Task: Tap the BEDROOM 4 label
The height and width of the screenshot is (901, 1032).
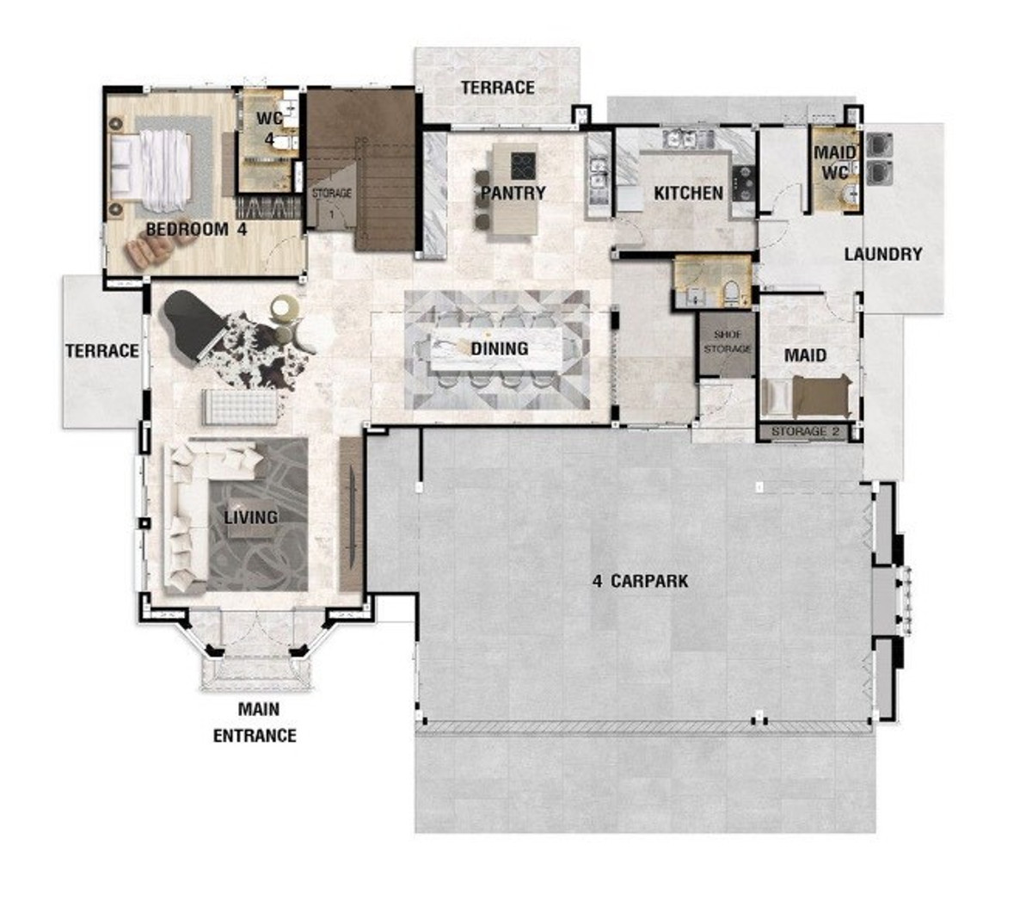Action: (x=196, y=230)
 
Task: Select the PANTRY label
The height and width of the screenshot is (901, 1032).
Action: (x=513, y=193)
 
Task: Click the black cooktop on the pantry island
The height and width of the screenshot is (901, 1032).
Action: (x=523, y=166)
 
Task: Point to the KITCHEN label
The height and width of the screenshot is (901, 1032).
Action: (x=689, y=193)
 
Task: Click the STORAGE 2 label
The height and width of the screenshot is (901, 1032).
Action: (x=806, y=432)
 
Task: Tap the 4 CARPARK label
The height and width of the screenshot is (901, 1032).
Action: (x=640, y=581)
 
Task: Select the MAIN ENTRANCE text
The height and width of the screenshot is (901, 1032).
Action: (x=255, y=722)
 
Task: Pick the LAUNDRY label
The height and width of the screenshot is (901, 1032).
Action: (x=883, y=254)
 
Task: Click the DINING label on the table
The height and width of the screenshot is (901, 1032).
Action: (x=500, y=349)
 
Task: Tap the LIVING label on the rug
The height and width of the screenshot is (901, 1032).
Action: (x=250, y=517)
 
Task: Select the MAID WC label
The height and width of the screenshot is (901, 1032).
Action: (x=835, y=163)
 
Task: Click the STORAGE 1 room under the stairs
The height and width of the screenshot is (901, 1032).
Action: (x=332, y=198)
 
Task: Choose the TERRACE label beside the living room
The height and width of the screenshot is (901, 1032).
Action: (x=101, y=351)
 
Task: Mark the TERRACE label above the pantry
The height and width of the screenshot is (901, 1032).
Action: (x=498, y=88)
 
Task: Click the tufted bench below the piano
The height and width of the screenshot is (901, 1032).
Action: (x=240, y=407)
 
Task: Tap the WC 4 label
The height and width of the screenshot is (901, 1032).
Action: (x=269, y=129)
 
